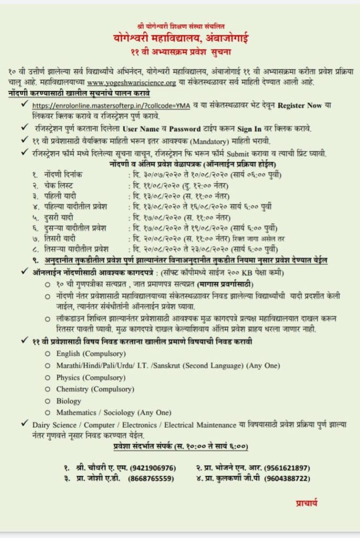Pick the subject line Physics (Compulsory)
coord(83,377)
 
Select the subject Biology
coord(69,401)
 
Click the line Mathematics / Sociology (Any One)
coord(114,413)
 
